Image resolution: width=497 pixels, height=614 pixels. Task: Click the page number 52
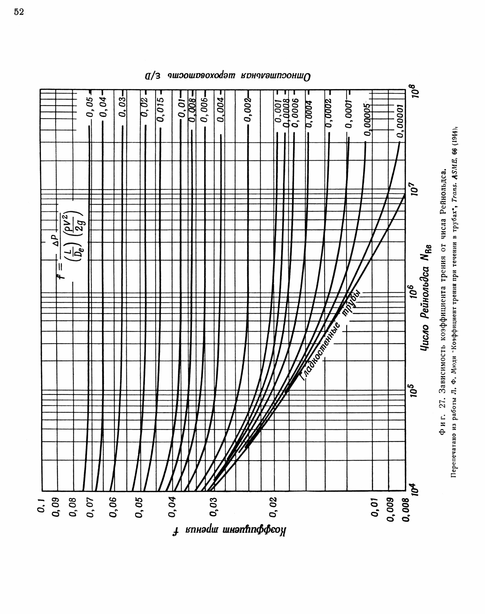19,12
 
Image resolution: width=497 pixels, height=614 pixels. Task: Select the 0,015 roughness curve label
162,109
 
